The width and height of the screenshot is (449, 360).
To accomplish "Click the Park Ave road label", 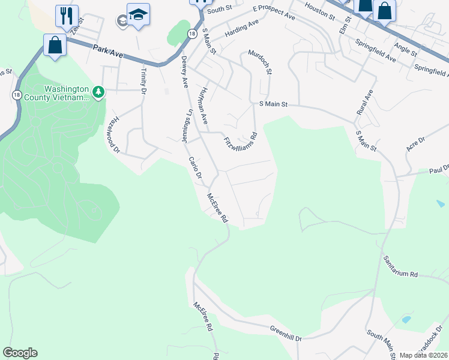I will (x=108, y=54).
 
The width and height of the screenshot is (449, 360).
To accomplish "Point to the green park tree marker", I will (x=98, y=92).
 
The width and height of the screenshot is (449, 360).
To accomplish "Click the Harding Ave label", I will (x=241, y=29).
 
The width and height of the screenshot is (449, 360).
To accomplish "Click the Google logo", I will (x=20, y=353).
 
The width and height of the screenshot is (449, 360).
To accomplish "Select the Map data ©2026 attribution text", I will (x=423, y=355).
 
